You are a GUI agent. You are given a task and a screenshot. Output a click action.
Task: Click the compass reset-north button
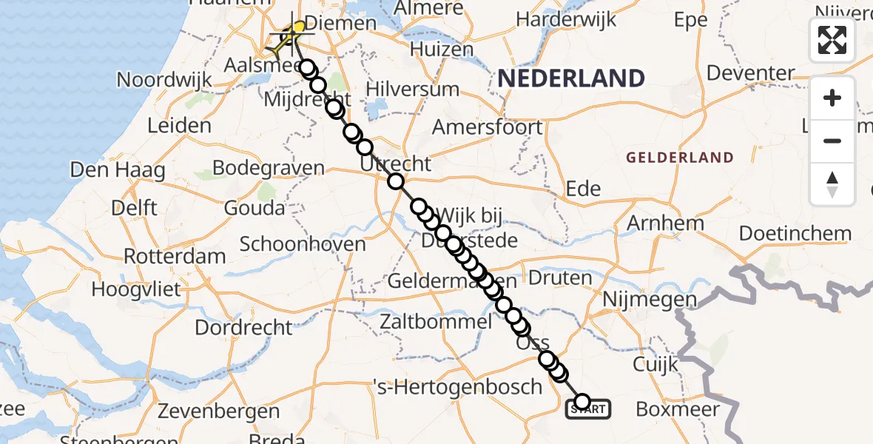(832, 184)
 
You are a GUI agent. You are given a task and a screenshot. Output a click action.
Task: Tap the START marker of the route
(589, 408)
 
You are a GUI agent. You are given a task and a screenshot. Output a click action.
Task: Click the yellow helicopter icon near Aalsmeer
(289, 37)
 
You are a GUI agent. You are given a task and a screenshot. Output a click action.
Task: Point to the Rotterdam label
(175, 257)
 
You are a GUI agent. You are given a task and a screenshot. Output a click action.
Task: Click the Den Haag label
(118, 170)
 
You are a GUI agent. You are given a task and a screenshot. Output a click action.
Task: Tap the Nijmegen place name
(650, 300)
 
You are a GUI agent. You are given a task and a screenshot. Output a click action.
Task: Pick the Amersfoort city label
(487, 127)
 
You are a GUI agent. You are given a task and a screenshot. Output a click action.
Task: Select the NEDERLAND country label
(570, 78)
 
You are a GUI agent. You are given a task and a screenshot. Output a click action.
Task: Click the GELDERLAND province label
(679, 158)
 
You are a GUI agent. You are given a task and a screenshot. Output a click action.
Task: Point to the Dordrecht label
(244, 326)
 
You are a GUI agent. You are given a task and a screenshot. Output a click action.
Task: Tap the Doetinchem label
(795, 234)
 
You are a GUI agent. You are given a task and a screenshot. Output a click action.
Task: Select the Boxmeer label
(678, 408)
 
